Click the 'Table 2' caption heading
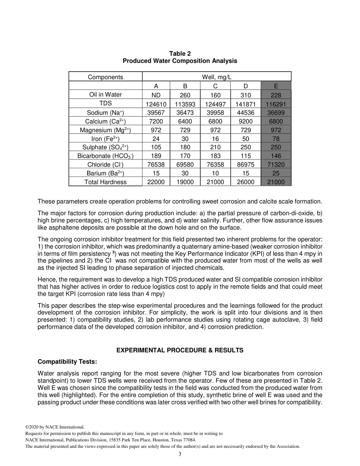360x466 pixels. click(180, 54)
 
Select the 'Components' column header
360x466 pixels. click(105, 77)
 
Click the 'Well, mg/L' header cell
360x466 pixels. click(216, 77)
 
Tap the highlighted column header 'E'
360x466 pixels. click(276, 86)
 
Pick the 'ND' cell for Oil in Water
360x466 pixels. click(156, 95)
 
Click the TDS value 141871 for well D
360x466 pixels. click(246, 104)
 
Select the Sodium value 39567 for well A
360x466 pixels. click(156, 113)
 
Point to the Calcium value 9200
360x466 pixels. click(246, 121)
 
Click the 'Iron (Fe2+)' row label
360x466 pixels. click(105, 139)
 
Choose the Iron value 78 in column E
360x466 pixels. click(276, 139)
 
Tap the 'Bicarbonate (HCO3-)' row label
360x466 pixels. click(105, 156)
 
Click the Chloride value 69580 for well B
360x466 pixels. click(185, 165)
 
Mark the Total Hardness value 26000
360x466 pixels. click(246, 182)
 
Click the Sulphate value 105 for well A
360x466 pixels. click(156, 147)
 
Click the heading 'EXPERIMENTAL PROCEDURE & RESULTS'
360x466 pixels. click(180, 350)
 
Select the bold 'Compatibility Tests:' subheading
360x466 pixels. click(67, 361)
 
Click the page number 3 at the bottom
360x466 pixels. click(180, 454)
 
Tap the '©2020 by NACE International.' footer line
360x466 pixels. click(55, 427)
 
